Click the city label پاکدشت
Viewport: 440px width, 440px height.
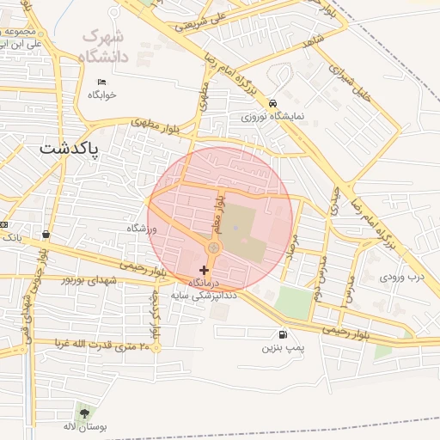tap(70, 149)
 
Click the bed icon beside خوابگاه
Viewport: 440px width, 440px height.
tap(101, 82)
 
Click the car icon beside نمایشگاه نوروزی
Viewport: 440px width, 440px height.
tap(272, 101)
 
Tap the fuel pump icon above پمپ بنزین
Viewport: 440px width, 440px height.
tap(284, 334)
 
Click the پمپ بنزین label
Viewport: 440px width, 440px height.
tap(284, 347)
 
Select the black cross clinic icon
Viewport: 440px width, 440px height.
tap(204, 270)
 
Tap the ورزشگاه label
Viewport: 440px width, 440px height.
tap(143, 229)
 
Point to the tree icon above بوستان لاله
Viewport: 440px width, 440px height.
tap(83, 412)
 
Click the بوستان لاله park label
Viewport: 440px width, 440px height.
tap(83, 426)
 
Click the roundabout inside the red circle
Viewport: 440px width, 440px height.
tap(212, 249)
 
